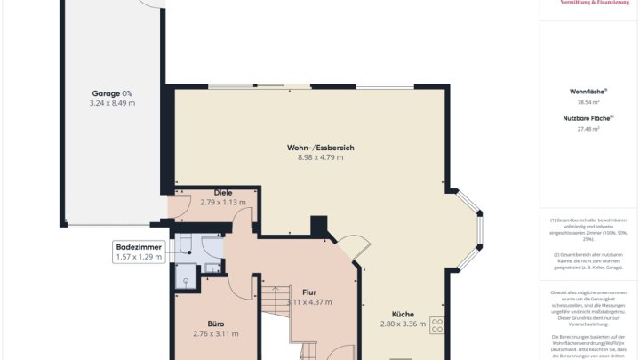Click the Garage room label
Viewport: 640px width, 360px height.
[x=112, y=92]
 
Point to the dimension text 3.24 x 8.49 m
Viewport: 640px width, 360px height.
[x=112, y=103]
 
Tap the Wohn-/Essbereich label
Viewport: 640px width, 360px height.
[x=320, y=147]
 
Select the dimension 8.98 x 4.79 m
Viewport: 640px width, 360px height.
[x=320, y=157]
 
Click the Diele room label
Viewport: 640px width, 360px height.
[x=223, y=192]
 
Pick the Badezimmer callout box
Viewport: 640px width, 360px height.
[x=140, y=252]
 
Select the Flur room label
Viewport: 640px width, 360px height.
[x=309, y=292]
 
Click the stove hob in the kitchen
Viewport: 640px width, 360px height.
[x=437, y=324]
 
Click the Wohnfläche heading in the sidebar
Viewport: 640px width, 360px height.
[x=588, y=92]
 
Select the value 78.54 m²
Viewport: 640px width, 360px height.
[x=588, y=103]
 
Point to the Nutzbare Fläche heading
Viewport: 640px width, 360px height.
[x=588, y=117]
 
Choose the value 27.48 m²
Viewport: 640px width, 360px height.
[x=588, y=129]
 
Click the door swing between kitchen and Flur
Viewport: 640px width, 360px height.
[x=354, y=249]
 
